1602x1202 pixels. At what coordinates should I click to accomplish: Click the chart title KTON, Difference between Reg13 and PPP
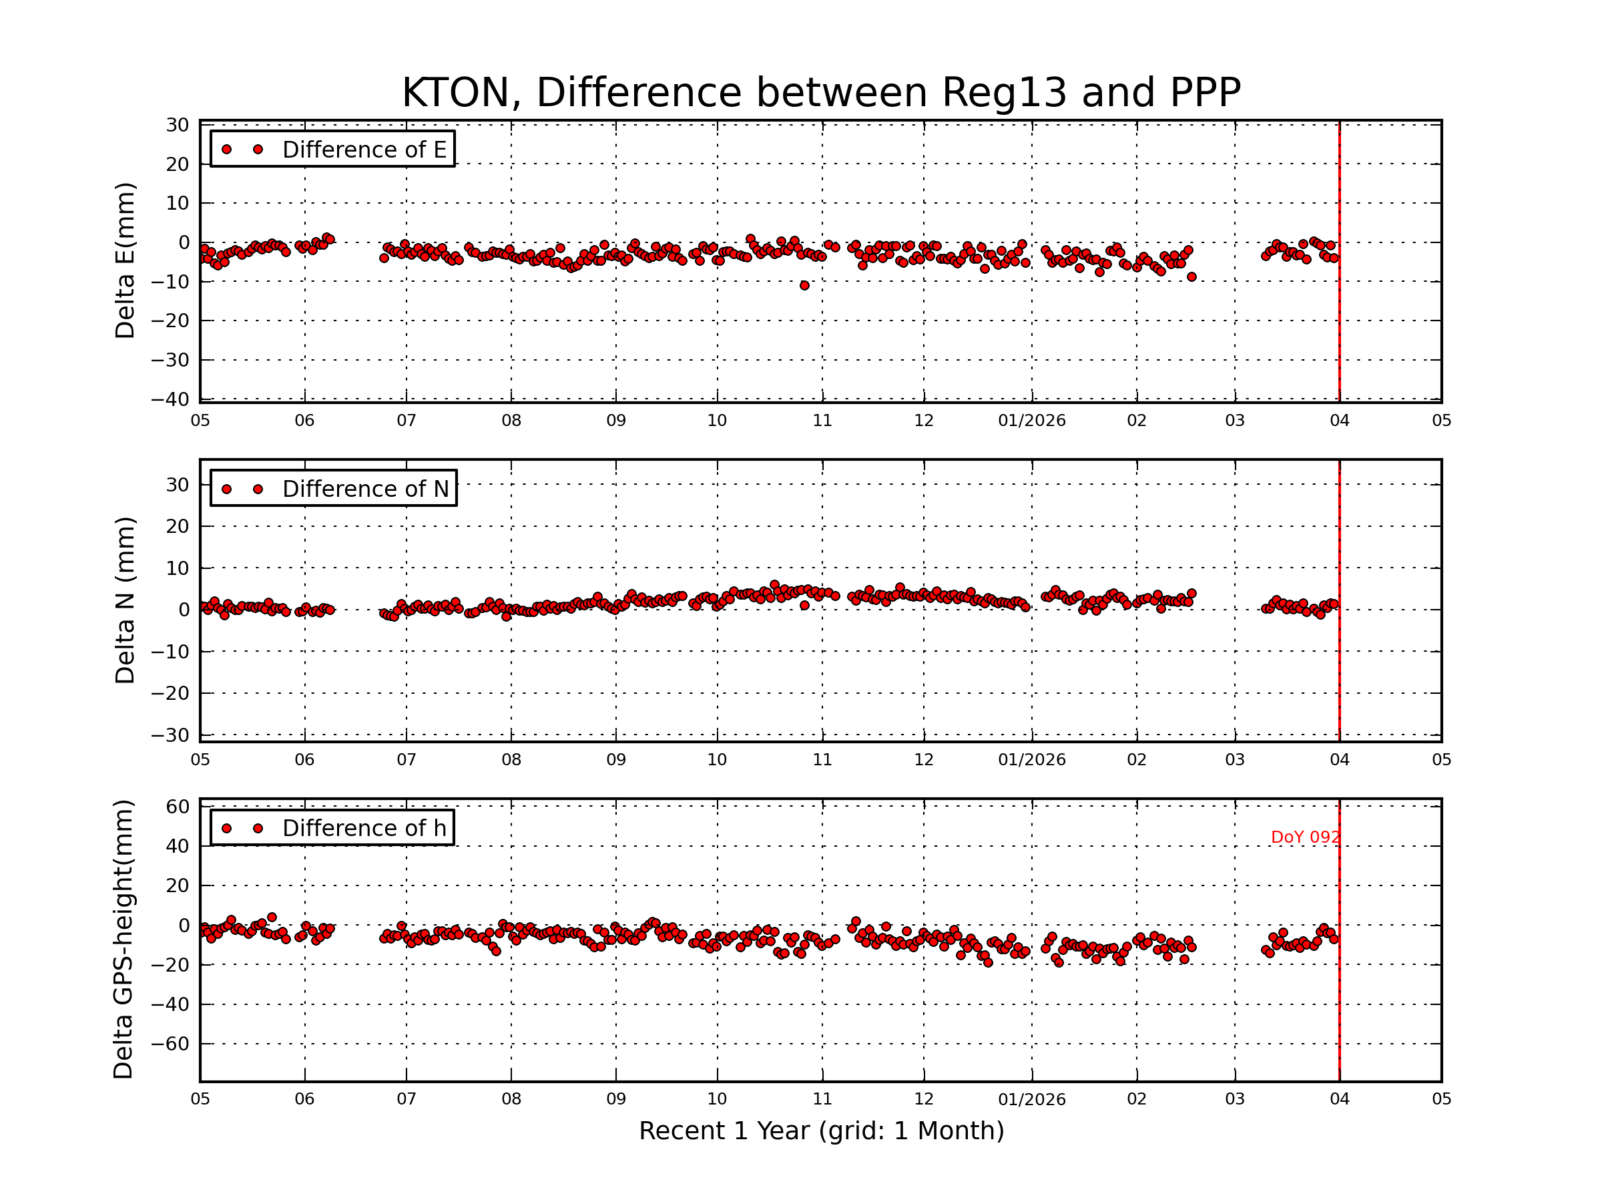(x=820, y=93)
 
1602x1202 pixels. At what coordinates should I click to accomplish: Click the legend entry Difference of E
(x=364, y=150)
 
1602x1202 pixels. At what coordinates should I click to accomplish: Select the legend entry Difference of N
(x=365, y=489)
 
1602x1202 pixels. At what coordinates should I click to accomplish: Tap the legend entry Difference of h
(x=364, y=828)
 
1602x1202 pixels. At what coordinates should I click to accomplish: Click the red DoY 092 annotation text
(x=1305, y=837)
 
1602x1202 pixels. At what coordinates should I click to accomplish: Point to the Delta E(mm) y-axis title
(x=125, y=261)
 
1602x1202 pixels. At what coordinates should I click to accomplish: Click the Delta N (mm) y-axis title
(x=125, y=600)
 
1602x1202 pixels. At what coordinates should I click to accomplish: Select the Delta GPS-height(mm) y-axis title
(x=123, y=940)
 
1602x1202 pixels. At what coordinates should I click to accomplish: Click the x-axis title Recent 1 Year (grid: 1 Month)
(x=820, y=1131)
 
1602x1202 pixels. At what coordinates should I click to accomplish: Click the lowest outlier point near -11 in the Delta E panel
(x=804, y=285)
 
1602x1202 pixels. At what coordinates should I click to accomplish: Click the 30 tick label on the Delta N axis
(x=178, y=485)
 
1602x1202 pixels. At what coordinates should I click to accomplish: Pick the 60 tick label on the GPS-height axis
(x=178, y=807)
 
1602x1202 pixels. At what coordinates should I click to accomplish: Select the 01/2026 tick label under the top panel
(x=1031, y=421)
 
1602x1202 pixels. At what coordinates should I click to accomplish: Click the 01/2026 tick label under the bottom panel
(x=1031, y=1099)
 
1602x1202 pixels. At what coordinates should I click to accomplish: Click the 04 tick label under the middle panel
(x=1339, y=760)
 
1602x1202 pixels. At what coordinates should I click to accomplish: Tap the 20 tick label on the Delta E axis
(x=178, y=164)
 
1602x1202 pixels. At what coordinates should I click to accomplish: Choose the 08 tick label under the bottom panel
(x=511, y=1099)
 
